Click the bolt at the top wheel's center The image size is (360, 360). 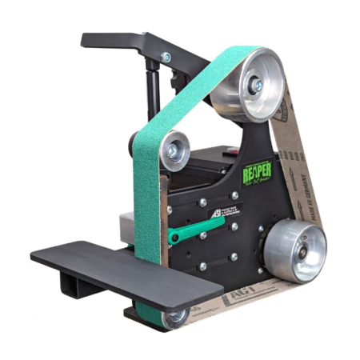[x=258, y=84]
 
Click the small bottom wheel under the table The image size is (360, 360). [x=175, y=317]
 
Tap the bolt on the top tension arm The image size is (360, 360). [x=166, y=58]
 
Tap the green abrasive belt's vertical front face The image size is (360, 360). [x=148, y=200]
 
